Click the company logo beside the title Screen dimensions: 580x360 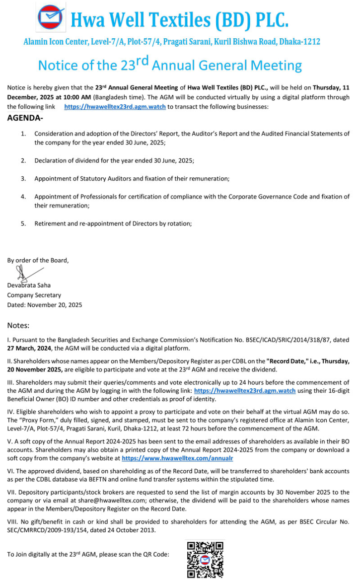tap(51, 17)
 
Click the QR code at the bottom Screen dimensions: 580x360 tap(205, 559)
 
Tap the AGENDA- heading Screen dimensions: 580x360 tap(25, 118)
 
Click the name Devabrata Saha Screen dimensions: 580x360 tap(29, 285)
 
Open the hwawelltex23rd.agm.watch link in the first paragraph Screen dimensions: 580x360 tap(115, 107)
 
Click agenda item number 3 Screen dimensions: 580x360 tap(23, 178)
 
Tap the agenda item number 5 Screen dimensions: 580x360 tap(23, 223)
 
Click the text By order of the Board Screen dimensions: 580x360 tap(38, 260)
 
